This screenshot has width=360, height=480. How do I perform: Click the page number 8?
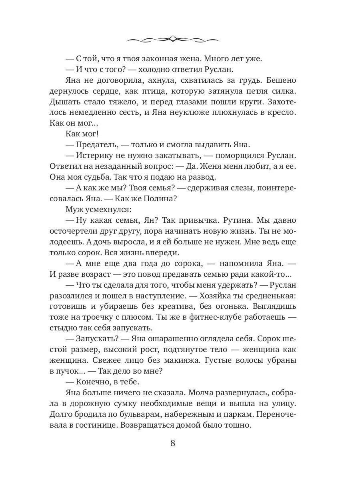pos(173,443)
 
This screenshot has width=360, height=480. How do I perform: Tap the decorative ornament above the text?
pos(172,39)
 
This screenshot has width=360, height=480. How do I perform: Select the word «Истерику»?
pos(94,155)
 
